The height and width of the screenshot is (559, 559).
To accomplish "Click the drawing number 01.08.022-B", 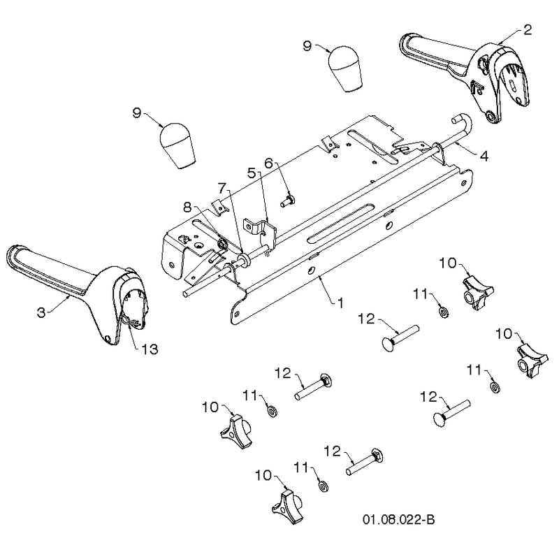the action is click(x=398, y=519).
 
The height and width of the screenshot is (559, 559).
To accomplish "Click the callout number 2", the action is click(x=528, y=29).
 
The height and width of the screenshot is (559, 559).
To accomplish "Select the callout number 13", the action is click(x=150, y=349).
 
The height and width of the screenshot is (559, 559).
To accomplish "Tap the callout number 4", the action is click(x=484, y=156).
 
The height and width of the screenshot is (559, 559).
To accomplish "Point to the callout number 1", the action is click(x=340, y=303).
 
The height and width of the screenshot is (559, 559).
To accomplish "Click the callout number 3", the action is click(x=41, y=312).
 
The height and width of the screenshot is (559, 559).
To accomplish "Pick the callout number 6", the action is click(x=268, y=164).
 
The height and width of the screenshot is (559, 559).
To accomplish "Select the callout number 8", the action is click(x=187, y=207).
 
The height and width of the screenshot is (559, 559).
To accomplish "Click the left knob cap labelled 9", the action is click(x=177, y=145).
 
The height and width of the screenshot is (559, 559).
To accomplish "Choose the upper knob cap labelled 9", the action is click(x=345, y=68).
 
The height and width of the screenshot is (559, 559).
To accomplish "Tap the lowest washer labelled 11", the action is click(x=324, y=486).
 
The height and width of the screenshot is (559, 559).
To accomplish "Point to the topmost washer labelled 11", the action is click(x=444, y=312).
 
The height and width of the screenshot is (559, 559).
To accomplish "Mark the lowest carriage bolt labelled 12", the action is click(x=364, y=462).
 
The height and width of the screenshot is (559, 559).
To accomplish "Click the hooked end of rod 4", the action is click(x=463, y=121).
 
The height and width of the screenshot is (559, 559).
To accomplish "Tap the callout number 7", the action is click(x=222, y=188).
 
